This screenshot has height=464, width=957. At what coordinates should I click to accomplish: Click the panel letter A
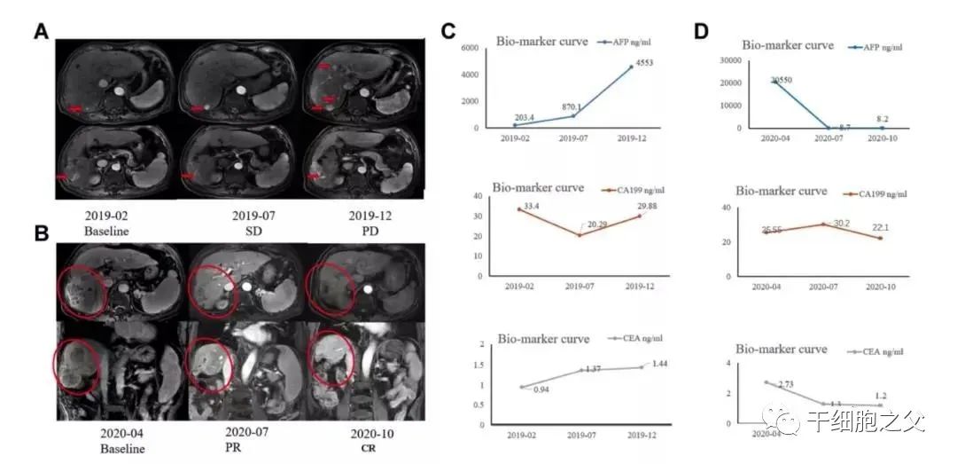coord(41,32)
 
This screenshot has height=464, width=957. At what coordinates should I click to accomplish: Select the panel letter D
coord(701,31)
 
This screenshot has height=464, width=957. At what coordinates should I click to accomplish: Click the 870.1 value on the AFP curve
coord(573,106)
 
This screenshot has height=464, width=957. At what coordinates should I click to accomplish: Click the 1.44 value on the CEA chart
coord(661,364)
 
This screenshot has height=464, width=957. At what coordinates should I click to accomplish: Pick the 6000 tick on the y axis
coord(469,47)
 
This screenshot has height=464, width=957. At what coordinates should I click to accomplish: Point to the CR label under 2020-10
coord(359,449)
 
